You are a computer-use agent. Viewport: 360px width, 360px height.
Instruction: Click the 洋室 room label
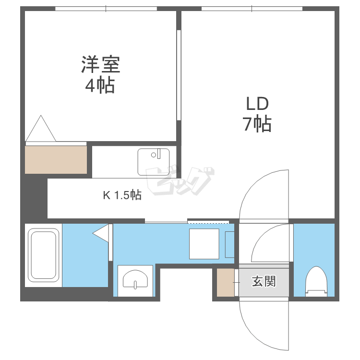[100, 64]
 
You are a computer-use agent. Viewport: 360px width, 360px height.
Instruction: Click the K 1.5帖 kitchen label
[122, 195]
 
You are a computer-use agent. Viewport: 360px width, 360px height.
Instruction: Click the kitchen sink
[153, 162]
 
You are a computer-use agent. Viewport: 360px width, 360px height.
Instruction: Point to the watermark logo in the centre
[180, 181]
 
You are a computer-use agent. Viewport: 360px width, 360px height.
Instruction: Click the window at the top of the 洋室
[106, 9]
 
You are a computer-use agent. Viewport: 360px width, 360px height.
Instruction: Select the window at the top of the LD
[252, 9]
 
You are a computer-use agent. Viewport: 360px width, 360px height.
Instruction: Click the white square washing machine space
[204, 244]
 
